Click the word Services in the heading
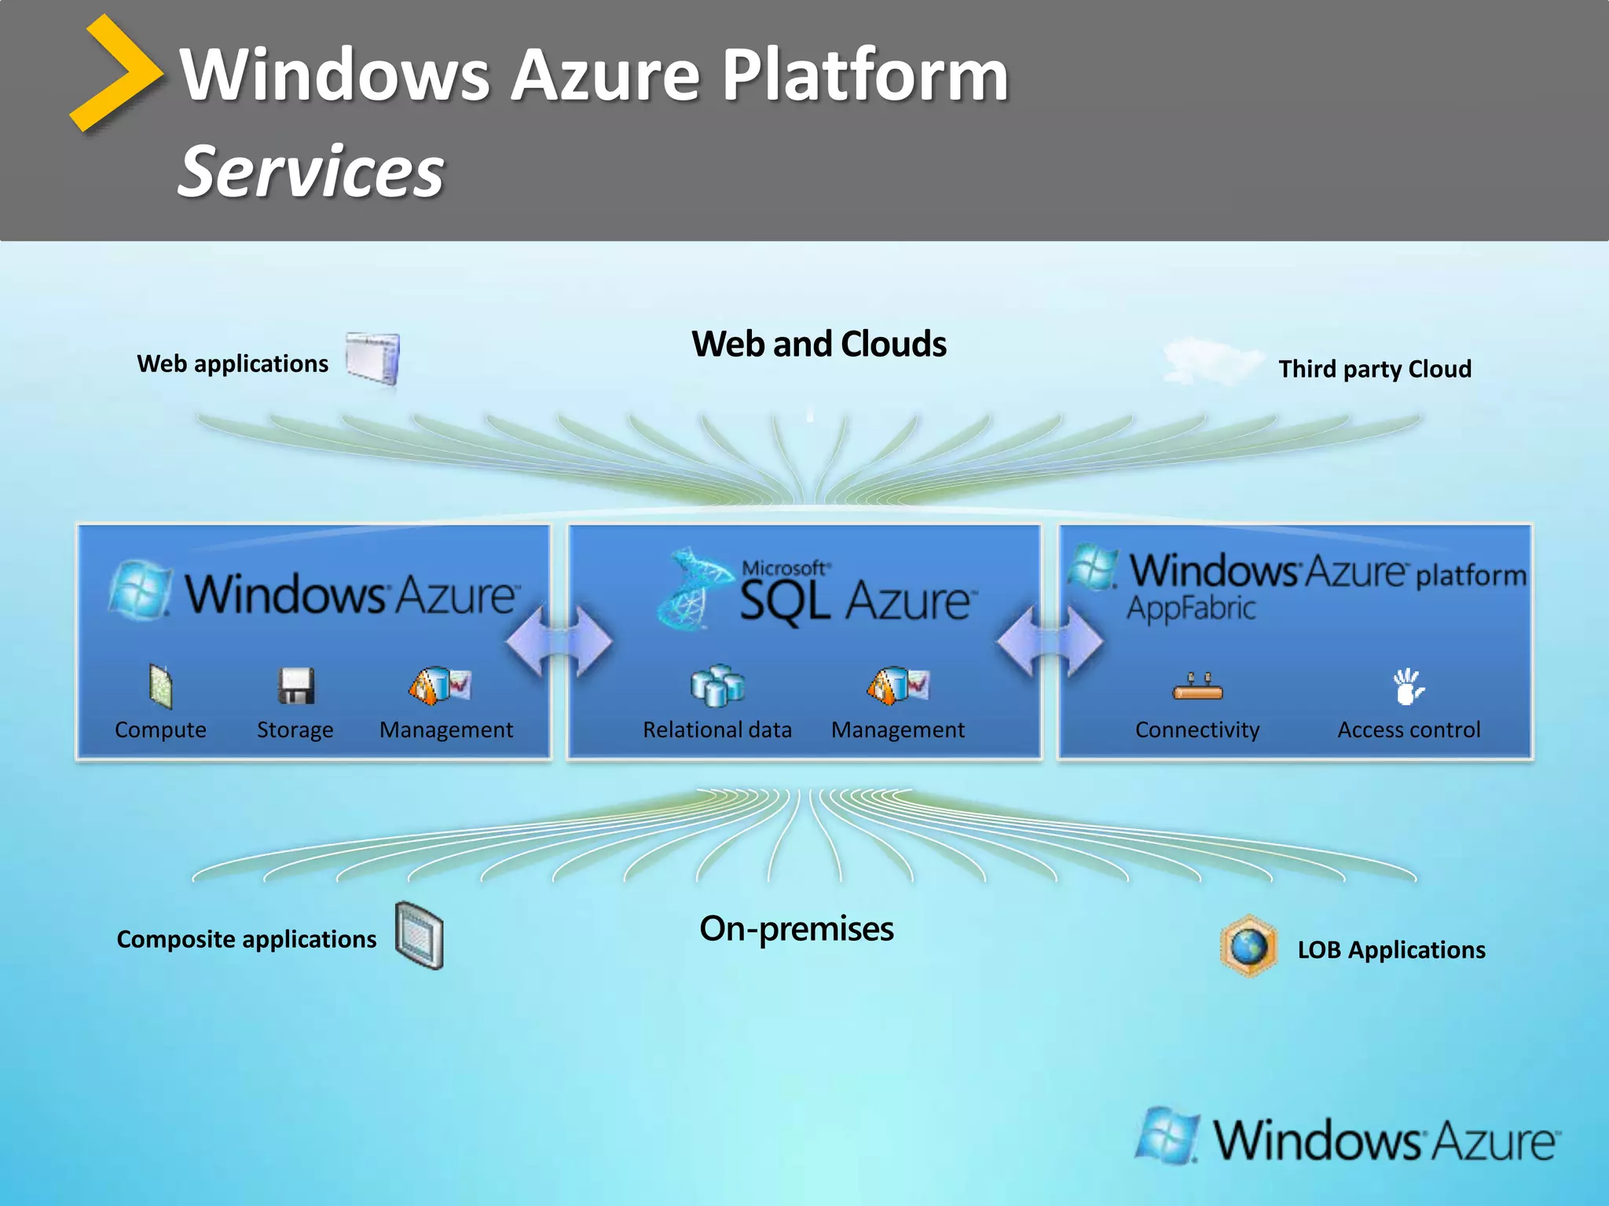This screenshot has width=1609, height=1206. pyautogui.click(x=310, y=171)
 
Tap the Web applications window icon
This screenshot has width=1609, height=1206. pyautogui.click(x=373, y=358)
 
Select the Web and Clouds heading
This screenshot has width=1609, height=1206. pyautogui.click(x=819, y=344)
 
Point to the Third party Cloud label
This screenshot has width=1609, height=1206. pyautogui.click(x=1374, y=369)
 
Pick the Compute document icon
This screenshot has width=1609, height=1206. pyautogui.click(x=160, y=685)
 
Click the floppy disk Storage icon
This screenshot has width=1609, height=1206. pyautogui.click(x=295, y=685)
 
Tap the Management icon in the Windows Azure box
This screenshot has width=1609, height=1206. pyautogui.click(x=439, y=685)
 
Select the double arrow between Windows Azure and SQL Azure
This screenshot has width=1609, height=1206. pyautogui.click(x=559, y=641)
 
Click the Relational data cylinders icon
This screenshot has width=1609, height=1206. pyautogui.click(x=717, y=685)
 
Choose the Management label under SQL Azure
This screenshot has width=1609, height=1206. pyautogui.click(x=897, y=730)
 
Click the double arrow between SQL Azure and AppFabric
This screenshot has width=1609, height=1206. pyautogui.click(x=1050, y=641)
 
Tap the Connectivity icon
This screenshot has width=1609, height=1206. pyautogui.click(x=1197, y=687)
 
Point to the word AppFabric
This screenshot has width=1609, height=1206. pyautogui.click(x=1191, y=608)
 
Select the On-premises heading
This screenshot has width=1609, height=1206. pyautogui.click(x=796, y=929)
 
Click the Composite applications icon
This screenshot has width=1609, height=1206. pyautogui.click(x=420, y=935)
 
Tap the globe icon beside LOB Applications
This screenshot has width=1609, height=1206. pyautogui.click(x=1248, y=946)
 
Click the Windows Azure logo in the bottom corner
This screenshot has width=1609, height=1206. pyautogui.click(x=1348, y=1138)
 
